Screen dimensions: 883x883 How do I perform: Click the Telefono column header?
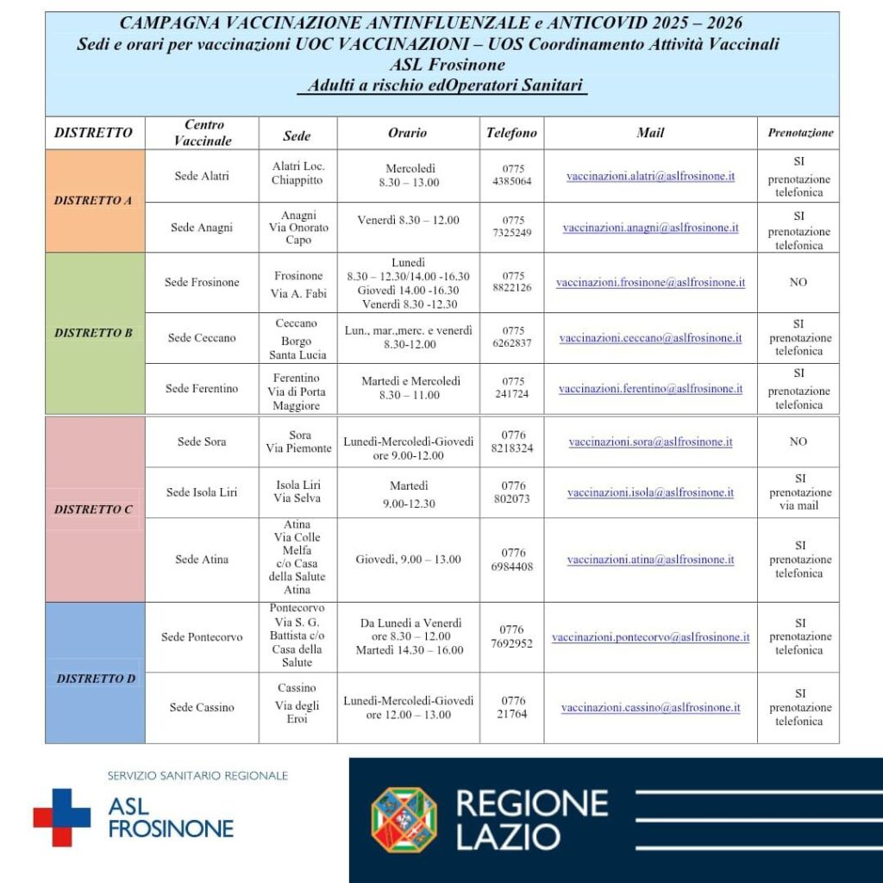click(511, 133)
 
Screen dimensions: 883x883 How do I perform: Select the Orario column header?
click(407, 133)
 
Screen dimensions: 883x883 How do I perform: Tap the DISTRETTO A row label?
click(93, 201)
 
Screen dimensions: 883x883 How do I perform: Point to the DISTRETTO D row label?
click(96, 679)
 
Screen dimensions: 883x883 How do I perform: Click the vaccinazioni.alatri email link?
click(650, 176)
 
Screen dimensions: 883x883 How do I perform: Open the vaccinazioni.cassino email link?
click(650, 708)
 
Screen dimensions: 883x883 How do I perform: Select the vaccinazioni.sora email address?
click(650, 441)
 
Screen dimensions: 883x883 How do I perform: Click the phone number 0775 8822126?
click(511, 282)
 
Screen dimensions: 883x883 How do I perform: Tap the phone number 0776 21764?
click(511, 708)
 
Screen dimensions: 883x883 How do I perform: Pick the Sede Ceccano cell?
click(202, 338)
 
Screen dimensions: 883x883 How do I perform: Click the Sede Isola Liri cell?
click(202, 492)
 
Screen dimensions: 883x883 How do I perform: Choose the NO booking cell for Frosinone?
click(798, 282)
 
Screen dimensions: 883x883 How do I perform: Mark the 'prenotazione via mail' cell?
click(798, 492)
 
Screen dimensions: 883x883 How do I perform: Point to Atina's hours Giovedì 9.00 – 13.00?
click(408, 560)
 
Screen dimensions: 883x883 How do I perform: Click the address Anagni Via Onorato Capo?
click(297, 228)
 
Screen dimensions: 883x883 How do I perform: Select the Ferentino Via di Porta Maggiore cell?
click(297, 391)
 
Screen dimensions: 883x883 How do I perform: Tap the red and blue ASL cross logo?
click(61, 817)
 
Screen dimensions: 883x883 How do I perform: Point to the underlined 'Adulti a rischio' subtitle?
click(441, 86)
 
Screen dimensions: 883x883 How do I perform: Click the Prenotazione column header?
click(800, 133)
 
